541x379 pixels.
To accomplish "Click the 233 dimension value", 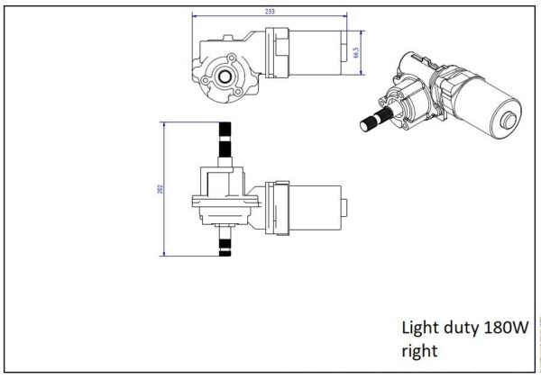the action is (270, 12).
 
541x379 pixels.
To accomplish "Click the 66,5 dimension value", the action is (356, 53).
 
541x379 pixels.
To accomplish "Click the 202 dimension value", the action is (160, 189).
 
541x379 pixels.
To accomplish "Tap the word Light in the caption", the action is (420, 327).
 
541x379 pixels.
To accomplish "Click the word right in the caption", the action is (419, 351).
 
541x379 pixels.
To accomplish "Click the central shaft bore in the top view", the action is (225, 77).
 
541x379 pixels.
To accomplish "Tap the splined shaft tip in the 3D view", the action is (365, 125).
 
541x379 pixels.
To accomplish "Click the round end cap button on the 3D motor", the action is (509, 121).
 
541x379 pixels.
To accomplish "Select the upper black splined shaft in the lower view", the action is (225, 140).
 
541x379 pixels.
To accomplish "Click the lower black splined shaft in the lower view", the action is (225, 248).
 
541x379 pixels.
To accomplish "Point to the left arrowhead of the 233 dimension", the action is (194, 16).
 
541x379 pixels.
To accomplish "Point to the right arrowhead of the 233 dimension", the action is (344, 16).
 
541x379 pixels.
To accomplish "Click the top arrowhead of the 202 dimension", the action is (164, 125).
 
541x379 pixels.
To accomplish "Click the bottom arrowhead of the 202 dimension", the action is (164, 254).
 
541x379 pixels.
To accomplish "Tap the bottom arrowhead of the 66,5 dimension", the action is (362, 72).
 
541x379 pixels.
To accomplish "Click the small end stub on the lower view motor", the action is (344, 208).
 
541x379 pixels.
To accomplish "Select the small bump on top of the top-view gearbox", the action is (228, 38).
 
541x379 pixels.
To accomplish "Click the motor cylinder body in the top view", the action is (315, 53).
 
